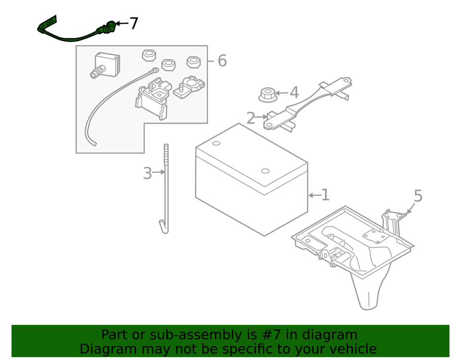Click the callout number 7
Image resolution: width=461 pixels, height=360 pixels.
pyautogui.click(x=134, y=24)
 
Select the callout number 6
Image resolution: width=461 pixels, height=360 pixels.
pyautogui.click(x=221, y=61)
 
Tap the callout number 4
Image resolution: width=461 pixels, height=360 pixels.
pyautogui.click(x=294, y=93)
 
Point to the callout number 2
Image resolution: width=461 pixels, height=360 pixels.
pyautogui.click(x=251, y=118)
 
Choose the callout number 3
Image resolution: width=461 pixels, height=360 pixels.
pyautogui.click(x=147, y=174)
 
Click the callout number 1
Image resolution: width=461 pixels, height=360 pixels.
pyautogui.click(x=325, y=195)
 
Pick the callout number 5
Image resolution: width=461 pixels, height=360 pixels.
pyautogui.click(x=418, y=196)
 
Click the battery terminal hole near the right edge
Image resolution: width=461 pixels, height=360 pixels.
pyautogui.click(x=265, y=171)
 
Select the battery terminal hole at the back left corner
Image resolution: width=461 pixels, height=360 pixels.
pyautogui.click(x=216, y=143)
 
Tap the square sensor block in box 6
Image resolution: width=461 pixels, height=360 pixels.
pyautogui.click(x=107, y=65)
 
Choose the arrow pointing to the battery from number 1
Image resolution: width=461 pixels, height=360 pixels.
pyautogui.click(x=314, y=195)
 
